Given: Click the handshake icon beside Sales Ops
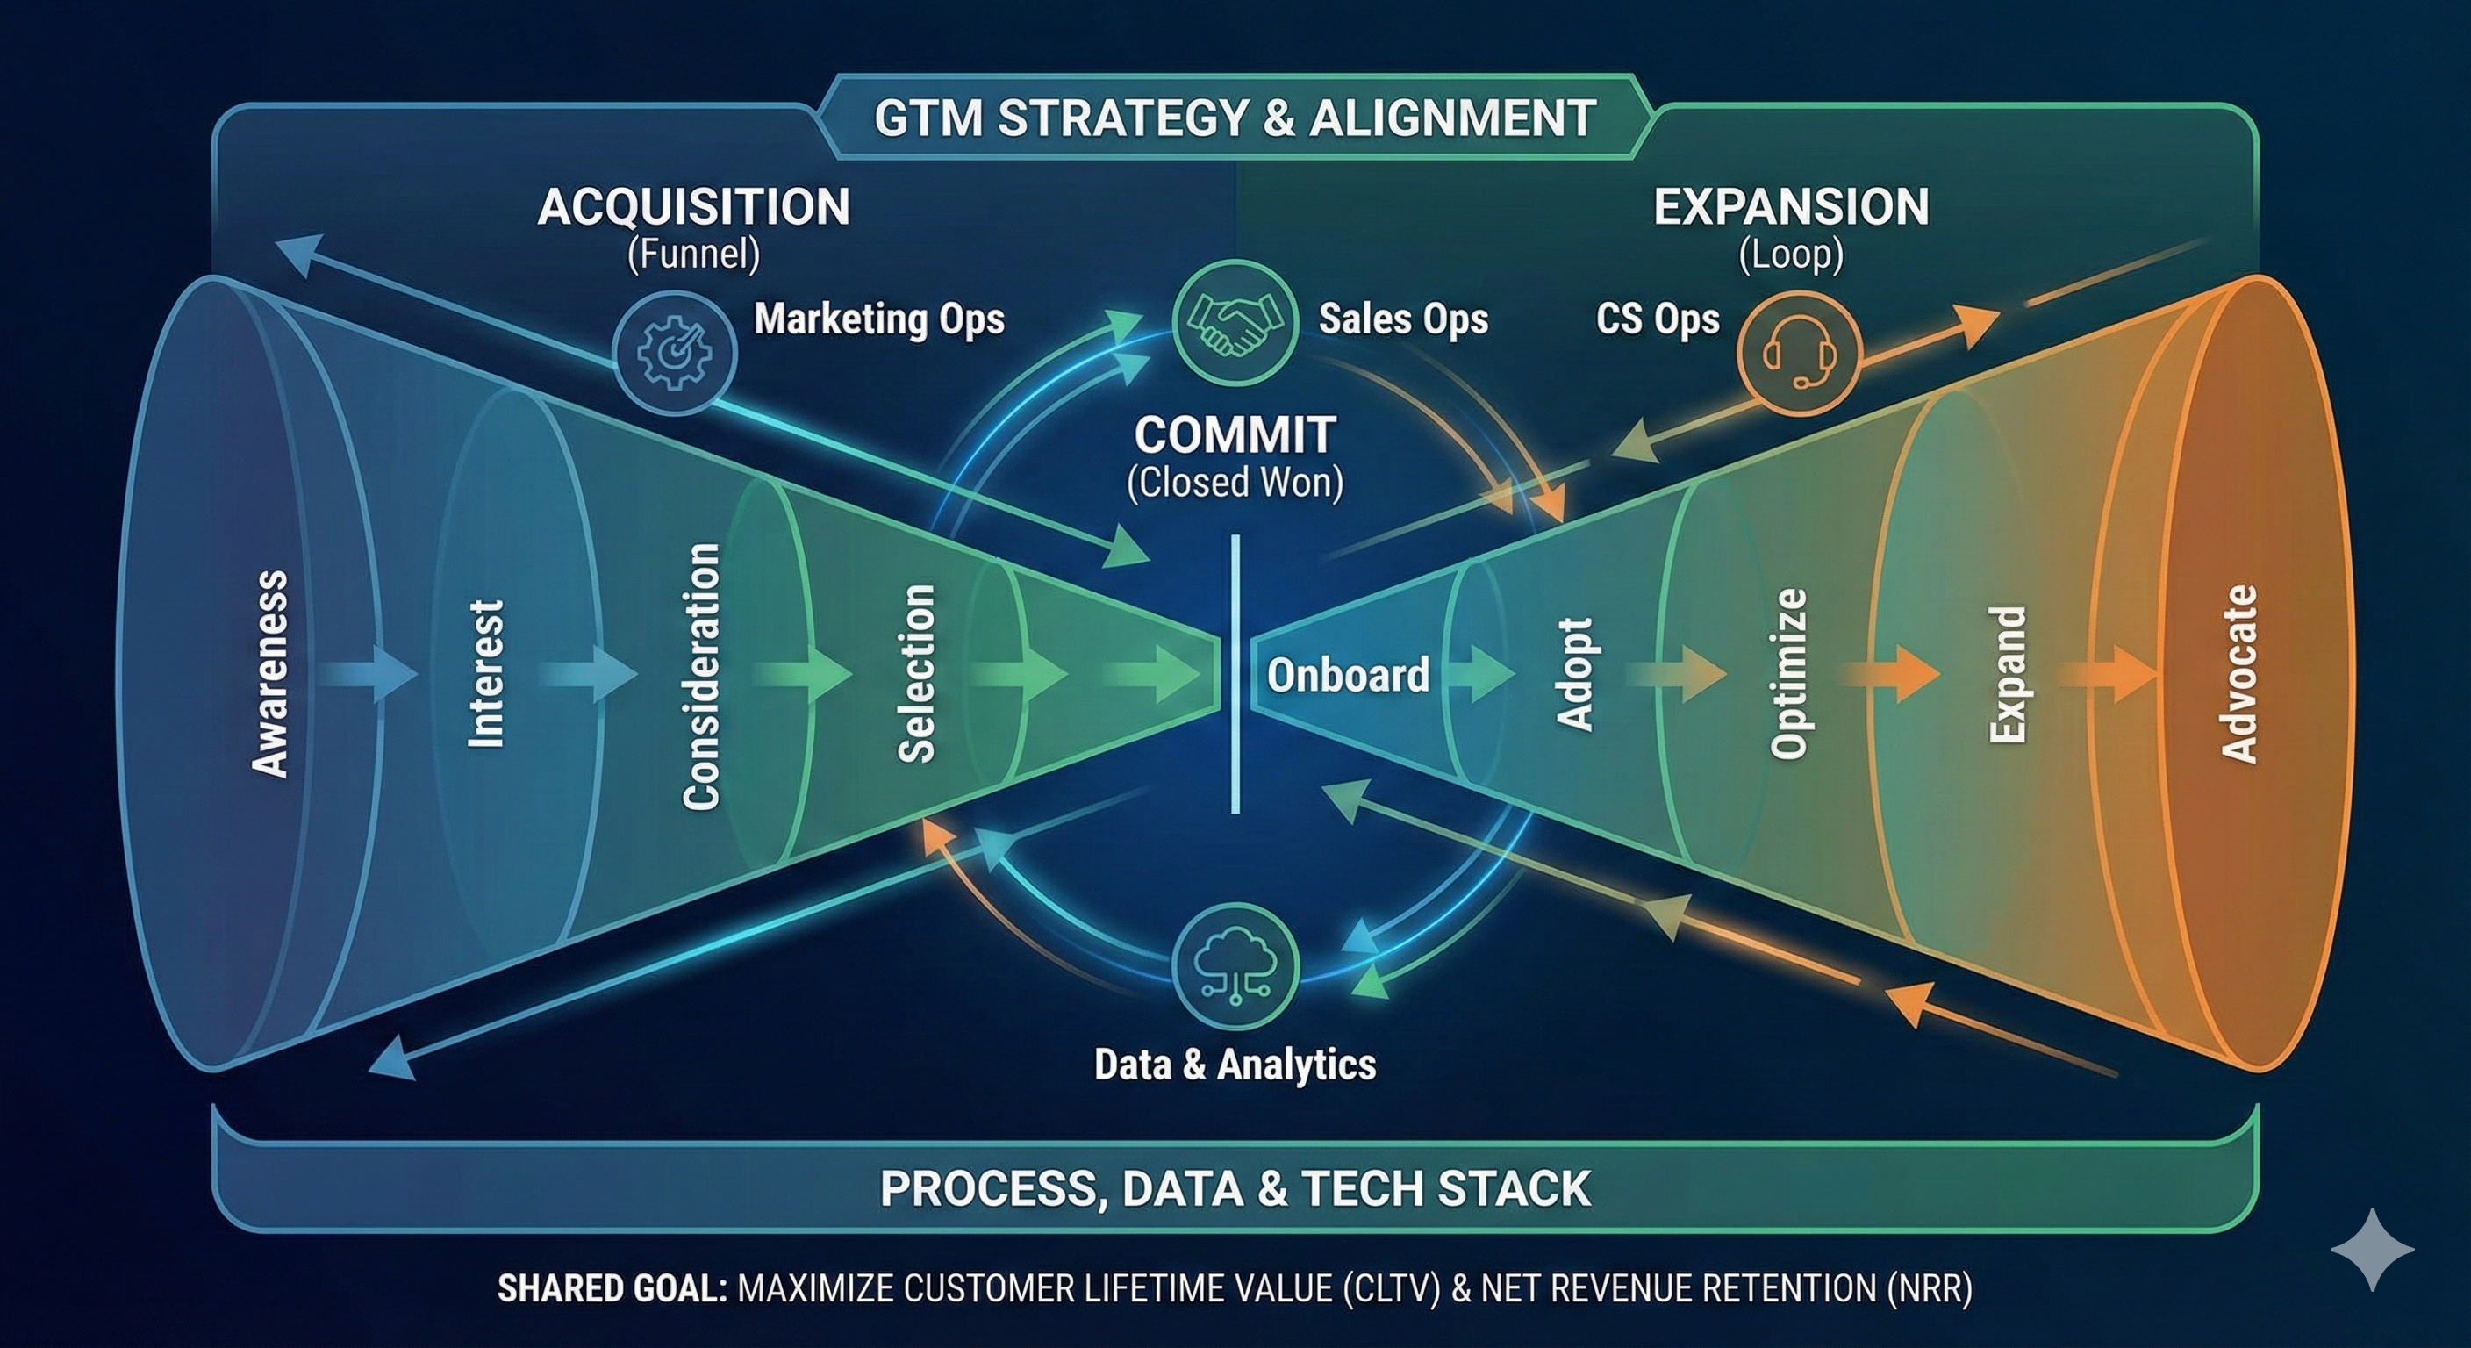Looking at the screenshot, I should pyautogui.click(x=1235, y=322).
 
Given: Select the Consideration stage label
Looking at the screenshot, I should pyautogui.click(x=701, y=677).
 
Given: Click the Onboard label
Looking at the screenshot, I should pyautogui.click(x=1348, y=676).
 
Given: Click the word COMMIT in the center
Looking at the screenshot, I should pyautogui.click(x=1235, y=435).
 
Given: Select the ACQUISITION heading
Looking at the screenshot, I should pyautogui.click(x=693, y=207).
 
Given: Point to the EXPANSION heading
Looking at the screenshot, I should pyautogui.click(x=1791, y=207).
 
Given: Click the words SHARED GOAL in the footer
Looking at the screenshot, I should pyautogui.click(x=611, y=1288).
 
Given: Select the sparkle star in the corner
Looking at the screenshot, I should pyautogui.click(x=2372, y=1249).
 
